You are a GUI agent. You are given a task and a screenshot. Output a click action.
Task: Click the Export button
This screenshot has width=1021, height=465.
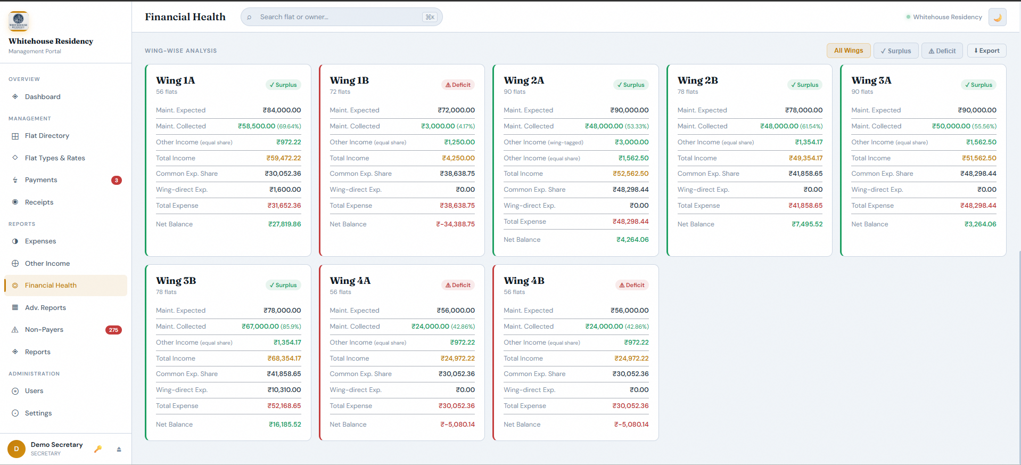click(986, 51)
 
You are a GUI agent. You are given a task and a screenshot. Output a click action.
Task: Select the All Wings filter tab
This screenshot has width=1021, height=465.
click(848, 51)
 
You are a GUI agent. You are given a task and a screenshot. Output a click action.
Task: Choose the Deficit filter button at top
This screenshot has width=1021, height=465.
click(942, 51)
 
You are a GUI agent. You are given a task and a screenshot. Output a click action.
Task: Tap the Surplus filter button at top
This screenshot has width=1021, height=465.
click(895, 51)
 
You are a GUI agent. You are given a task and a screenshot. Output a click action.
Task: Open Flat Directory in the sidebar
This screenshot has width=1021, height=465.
click(47, 136)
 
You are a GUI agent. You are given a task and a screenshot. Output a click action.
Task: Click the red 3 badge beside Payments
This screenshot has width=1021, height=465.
click(117, 180)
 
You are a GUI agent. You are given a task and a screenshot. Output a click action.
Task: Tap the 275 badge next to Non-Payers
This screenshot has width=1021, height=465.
click(113, 330)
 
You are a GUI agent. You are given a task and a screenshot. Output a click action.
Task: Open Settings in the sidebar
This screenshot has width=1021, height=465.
click(38, 413)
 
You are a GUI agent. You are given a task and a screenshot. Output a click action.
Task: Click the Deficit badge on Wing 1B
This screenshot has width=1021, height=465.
click(458, 85)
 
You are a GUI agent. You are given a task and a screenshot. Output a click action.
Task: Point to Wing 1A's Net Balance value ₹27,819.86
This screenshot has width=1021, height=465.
click(284, 224)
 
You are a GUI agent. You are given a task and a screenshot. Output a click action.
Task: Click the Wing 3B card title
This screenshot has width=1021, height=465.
click(176, 281)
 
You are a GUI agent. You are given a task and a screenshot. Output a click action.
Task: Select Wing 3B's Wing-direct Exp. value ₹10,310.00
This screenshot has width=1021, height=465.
click(284, 390)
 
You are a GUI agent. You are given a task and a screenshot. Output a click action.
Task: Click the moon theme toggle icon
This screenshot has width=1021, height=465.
click(997, 17)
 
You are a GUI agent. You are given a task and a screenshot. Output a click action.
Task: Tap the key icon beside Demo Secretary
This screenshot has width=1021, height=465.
click(98, 449)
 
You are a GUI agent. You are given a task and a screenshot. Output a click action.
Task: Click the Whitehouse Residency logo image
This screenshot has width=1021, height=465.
click(19, 21)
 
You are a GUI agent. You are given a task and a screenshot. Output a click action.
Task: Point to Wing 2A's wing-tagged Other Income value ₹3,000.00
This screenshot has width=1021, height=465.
click(631, 142)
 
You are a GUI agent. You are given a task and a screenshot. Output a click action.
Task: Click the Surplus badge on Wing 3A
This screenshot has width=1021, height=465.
click(978, 85)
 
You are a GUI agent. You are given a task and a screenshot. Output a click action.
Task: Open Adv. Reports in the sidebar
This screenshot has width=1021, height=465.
click(45, 308)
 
